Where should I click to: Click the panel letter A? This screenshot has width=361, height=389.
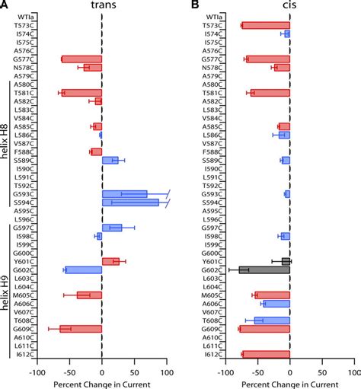(5, 6)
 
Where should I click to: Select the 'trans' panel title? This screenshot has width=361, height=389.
(101, 6)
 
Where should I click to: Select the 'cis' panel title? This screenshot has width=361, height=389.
(290, 6)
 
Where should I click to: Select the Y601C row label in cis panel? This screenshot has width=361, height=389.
(211, 261)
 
